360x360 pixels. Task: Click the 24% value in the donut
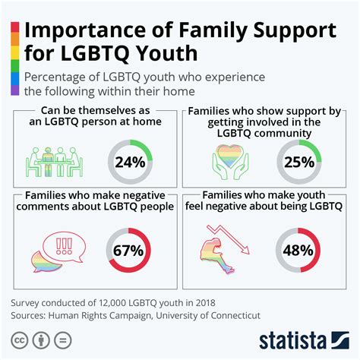pos(130,162)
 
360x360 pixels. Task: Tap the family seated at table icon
pos(58,160)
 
